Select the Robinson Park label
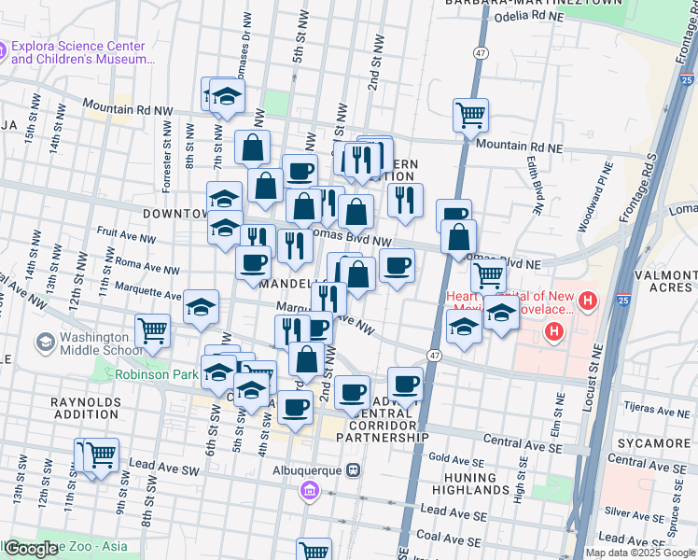click(158, 375)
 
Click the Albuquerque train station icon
click(353, 469)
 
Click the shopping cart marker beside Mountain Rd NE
click(471, 116)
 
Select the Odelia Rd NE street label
click(525, 17)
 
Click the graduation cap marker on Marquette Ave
click(201, 307)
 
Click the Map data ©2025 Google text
click(641, 553)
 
